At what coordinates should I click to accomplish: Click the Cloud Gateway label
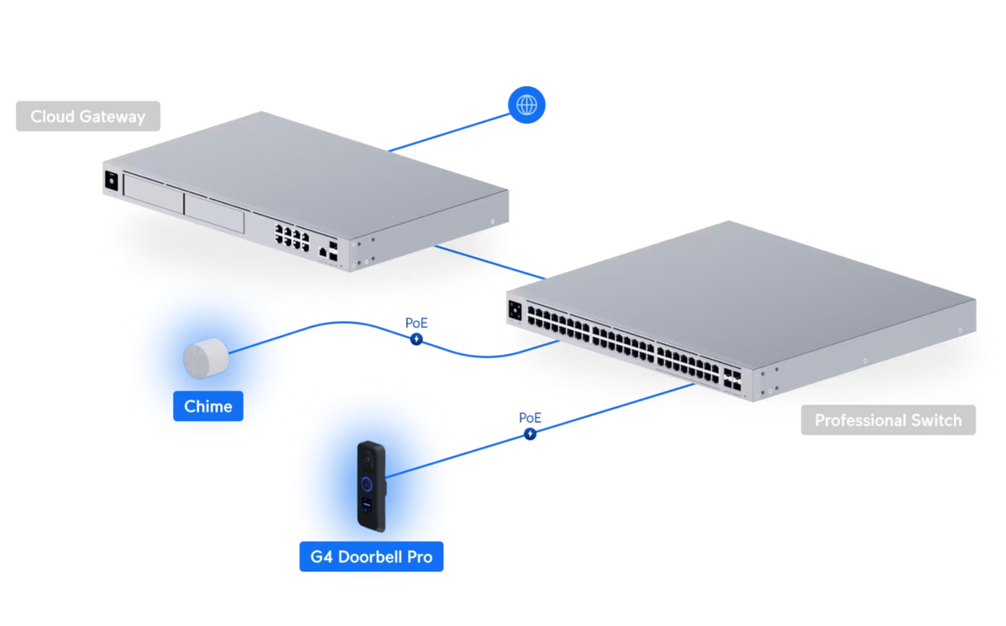(x=88, y=117)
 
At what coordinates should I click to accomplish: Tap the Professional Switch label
(x=888, y=420)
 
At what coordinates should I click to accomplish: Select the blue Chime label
(x=208, y=406)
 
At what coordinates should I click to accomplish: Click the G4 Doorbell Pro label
(x=371, y=556)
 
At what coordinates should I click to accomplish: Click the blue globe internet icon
(x=526, y=105)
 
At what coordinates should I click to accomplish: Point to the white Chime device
(x=205, y=359)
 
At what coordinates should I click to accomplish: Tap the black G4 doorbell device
(x=371, y=486)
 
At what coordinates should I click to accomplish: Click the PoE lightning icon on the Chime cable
(x=417, y=339)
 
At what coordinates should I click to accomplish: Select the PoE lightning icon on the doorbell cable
(x=530, y=434)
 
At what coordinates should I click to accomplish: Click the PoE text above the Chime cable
(x=417, y=323)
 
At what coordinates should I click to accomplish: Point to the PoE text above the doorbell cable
(x=530, y=418)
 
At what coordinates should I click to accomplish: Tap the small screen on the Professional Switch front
(x=515, y=311)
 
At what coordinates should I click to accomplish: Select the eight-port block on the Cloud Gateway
(x=292, y=237)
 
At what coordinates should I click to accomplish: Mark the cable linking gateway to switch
(x=489, y=262)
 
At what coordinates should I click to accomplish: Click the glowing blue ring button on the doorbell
(x=366, y=483)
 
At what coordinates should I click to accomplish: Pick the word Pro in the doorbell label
(x=418, y=556)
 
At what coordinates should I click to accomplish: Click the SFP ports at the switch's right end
(x=732, y=380)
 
